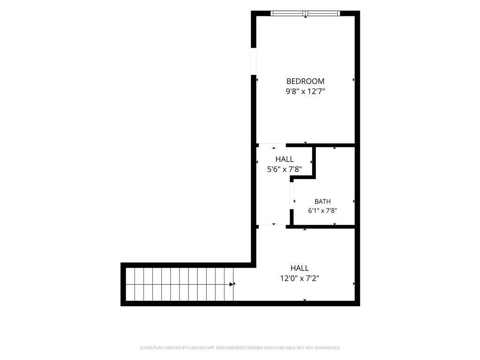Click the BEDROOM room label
tap(305, 81)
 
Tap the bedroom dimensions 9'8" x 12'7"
tap(305, 91)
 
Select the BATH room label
tap(322, 202)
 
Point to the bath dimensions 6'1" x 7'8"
tap(322, 210)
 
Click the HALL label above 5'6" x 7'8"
tap(285, 159)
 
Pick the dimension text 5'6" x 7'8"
tap(285, 169)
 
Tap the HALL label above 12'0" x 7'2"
tap(300, 268)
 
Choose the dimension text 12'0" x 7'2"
tap(300, 278)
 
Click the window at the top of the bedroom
tap(306, 13)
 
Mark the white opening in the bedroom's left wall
tap(254, 61)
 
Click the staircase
tap(180, 284)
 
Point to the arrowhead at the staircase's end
tap(232, 284)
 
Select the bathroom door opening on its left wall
tap(292, 195)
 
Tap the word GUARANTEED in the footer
tap(328, 348)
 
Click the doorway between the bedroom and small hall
tap(272, 145)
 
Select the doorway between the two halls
tap(272, 226)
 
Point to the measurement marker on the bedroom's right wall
tap(353, 80)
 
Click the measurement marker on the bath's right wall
tap(354, 201)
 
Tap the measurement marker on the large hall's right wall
tap(354, 284)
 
